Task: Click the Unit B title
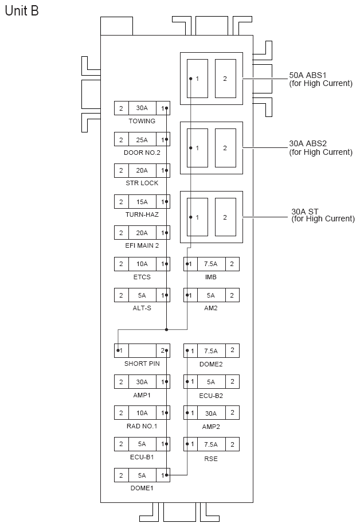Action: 22,11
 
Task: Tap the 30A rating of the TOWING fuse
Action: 142,108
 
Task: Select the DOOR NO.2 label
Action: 142,153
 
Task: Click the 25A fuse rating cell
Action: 142,140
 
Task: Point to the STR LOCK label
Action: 142,184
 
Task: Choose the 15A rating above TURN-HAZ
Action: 142,202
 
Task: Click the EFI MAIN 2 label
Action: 142,246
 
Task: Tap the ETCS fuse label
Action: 142,277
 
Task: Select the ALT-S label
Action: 142,308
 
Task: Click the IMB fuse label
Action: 211,277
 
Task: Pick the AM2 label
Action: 211,308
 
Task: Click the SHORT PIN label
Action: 142,364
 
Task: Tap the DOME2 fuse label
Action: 211,364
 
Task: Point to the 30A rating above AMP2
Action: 211,413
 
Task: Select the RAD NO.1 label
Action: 142,425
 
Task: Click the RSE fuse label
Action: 211,459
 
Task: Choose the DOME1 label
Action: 142,488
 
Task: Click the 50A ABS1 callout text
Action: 320,79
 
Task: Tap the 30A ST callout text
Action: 323,214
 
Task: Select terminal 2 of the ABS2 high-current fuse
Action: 225,148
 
